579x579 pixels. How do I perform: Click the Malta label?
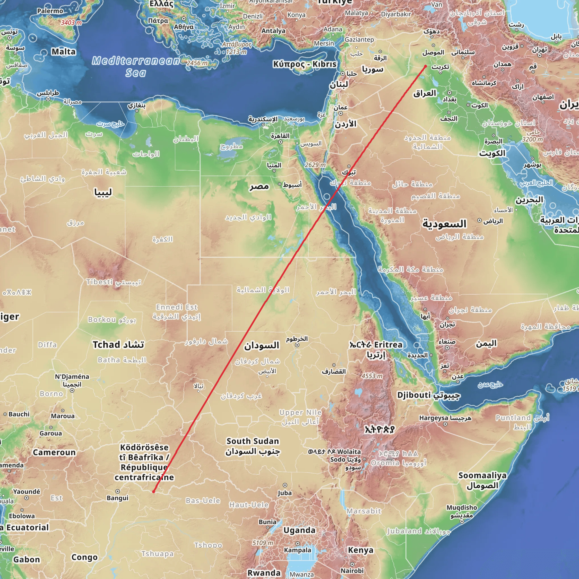coord(64,52)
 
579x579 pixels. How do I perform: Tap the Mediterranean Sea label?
coord(136,66)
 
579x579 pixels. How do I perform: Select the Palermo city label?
coord(50,11)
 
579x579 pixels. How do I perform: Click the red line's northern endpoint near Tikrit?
coord(425,66)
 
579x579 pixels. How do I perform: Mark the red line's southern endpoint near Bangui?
coord(154,491)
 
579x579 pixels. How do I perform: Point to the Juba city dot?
coord(285,485)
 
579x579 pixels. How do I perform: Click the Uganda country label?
coord(299,530)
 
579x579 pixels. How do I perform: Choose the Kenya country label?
coord(360,550)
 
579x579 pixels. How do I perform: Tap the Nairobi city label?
coord(352,570)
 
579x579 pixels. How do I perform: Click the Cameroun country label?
coord(54,452)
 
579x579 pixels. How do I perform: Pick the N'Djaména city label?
coord(72,377)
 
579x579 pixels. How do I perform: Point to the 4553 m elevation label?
coord(372,376)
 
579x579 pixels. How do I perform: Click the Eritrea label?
coord(388,345)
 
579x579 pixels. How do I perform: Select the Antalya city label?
coord(273,31)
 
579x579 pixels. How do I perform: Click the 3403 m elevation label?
coord(71,23)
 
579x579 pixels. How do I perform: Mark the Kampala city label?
coord(298,550)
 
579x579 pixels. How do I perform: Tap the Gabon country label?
coord(26,559)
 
